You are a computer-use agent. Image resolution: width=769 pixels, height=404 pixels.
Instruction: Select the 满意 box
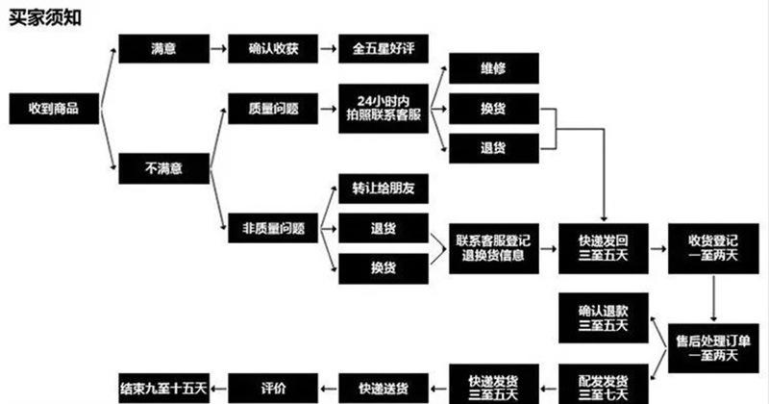click(x=162, y=49)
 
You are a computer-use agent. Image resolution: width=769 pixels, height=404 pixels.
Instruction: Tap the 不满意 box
click(x=162, y=168)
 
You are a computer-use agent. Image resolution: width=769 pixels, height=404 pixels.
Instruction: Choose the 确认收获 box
click(x=273, y=49)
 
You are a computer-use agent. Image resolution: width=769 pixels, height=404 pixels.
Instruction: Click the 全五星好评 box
click(x=383, y=49)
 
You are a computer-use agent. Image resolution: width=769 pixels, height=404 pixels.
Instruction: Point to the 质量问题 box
click(x=273, y=109)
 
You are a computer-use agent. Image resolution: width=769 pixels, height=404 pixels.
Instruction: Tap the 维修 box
click(x=493, y=68)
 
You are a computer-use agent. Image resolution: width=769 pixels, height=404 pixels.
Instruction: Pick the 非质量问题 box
click(x=273, y=228)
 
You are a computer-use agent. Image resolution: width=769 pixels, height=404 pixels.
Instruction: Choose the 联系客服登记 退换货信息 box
click(x=493, y=247)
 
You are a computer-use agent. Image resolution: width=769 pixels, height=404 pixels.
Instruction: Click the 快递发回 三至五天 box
click(x=604, y=247)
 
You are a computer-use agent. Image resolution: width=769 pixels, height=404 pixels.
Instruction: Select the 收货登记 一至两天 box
click(x=713, y=247)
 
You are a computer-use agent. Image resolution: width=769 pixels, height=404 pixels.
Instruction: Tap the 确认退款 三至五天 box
click(x=604, y=317)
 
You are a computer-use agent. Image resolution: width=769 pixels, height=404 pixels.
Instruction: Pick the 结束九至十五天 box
click(x=162, y=385)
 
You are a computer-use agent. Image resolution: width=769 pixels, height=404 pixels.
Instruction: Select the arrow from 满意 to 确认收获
click(x=218, y=49)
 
